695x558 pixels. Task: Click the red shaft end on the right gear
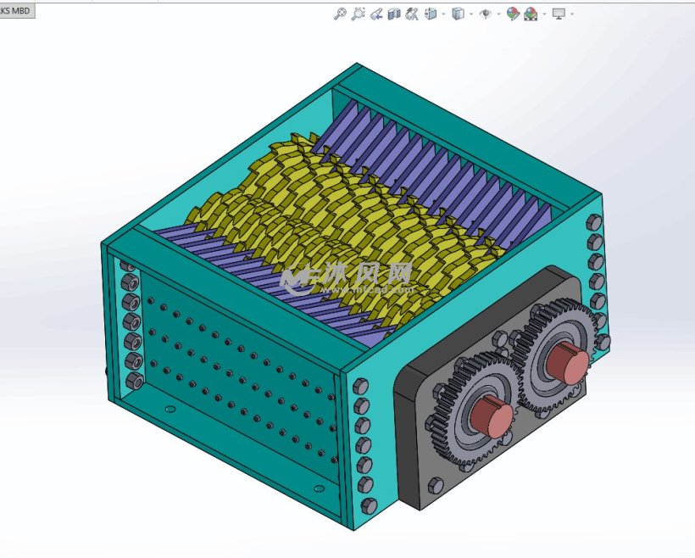click(x=566, y=365)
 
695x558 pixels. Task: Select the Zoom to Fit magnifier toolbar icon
click(x=340, y=14)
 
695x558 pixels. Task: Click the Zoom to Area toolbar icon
click(x=359, y=14)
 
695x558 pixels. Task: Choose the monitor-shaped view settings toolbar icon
click(x=559, y=14)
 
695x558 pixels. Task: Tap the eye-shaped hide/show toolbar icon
click(x=485, y=14)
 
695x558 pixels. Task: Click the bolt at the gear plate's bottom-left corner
click(x=436, y=484)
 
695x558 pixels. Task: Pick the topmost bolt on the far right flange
click(x=594, y=222)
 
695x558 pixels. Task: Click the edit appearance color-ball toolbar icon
click(x=513, y=14)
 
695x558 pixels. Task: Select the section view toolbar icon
click(x=394, y=14)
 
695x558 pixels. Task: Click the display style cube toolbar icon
click(x=458, y=14)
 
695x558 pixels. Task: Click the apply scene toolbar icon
click(x=531, y=14)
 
